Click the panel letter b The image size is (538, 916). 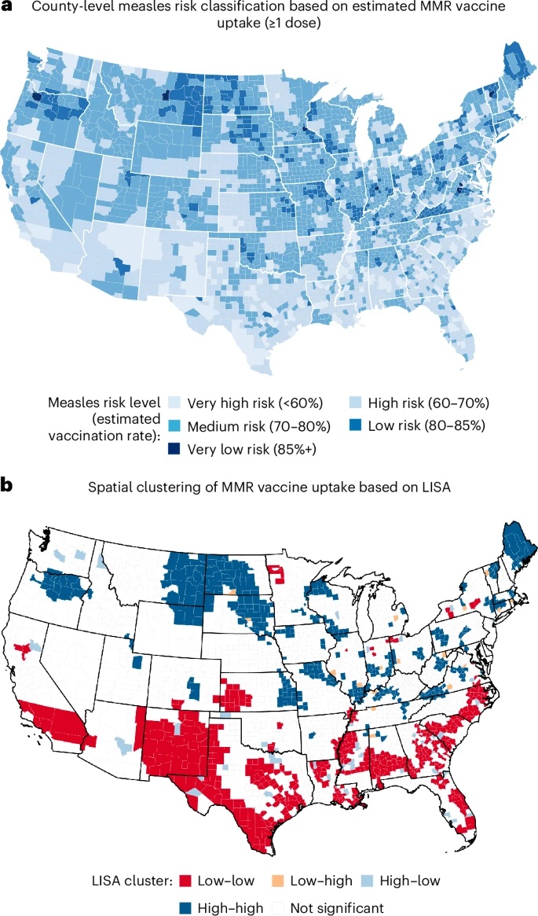pyautogui.click(x=8, y=485)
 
